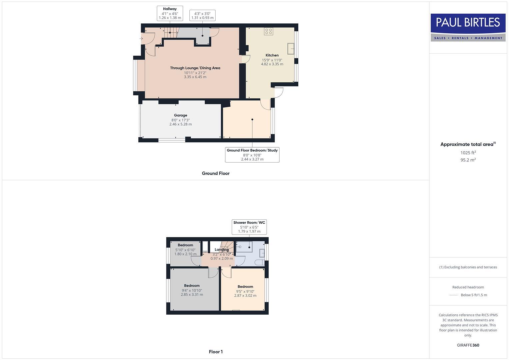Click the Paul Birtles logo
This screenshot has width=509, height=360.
[468, 27]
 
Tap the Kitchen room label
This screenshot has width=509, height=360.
[272, 55]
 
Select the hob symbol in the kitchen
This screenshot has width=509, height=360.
[268, 31]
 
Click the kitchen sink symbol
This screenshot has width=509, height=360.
[291, 49]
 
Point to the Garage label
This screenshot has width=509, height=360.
[180, 115]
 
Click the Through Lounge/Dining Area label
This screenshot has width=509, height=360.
[195, 68]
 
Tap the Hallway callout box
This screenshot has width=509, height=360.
[170, 13]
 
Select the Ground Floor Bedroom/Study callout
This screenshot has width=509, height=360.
[252, 155]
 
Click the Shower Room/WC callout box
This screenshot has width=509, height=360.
[249, 227]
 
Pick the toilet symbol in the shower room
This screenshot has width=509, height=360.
[260, 263]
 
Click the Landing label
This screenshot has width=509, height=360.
[221, 250]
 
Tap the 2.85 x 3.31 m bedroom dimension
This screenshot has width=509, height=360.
[192, 295]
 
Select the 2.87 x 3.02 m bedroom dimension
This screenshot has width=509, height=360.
[245, 296]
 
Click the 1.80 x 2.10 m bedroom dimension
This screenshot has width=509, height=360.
[185, 254]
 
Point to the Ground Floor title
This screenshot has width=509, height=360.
[215, 173]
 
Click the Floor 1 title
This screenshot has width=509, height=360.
[216, 352]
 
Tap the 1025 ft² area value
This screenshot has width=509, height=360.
[468, 153]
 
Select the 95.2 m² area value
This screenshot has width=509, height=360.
[468, 160]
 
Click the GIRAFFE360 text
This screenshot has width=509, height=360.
[468, 345]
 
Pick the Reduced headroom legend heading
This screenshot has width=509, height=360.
[468, 287]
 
